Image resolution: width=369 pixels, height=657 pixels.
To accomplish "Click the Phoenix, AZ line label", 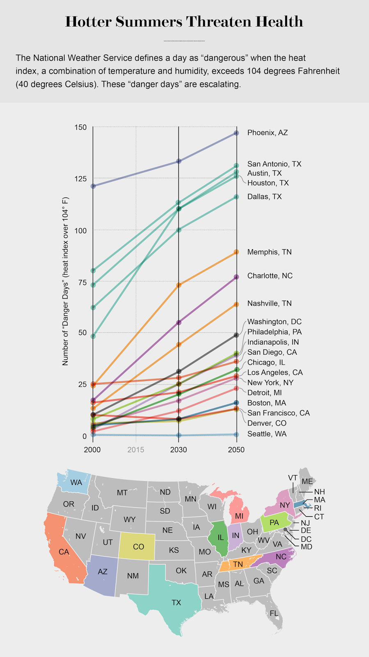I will pos(267,133).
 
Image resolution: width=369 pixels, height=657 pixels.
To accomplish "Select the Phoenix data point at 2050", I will pos(236,133).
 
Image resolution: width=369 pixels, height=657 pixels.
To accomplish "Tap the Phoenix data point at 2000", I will pos(93,186).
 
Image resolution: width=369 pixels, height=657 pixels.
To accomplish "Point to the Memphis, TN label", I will pos(269,252).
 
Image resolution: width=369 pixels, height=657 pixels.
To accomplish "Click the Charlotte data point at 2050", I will pos(236,277).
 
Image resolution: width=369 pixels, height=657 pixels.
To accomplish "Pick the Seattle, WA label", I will pos(267,434).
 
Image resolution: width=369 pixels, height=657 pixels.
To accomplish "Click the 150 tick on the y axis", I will pos(81,127).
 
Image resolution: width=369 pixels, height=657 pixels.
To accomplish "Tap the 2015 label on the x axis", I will pos(135,450).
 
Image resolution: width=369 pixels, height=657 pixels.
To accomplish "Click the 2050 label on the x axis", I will pos(236,450).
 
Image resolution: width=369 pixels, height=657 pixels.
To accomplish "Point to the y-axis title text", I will pos(65,281).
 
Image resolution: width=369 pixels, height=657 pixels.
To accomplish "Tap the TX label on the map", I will pos(176,602).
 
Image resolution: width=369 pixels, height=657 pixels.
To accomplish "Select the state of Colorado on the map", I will pos(138,547).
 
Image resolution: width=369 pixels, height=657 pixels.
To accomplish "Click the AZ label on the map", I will pos(103,572).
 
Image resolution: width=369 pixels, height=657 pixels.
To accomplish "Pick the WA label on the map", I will pos(76,482).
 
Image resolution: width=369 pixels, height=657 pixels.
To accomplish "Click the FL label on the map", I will pos(274,613).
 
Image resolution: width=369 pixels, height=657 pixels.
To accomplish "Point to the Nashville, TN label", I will pos(269,303).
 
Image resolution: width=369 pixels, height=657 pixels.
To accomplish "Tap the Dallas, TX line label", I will pos(264,196).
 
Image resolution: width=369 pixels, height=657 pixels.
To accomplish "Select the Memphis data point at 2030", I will pos(179,285).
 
